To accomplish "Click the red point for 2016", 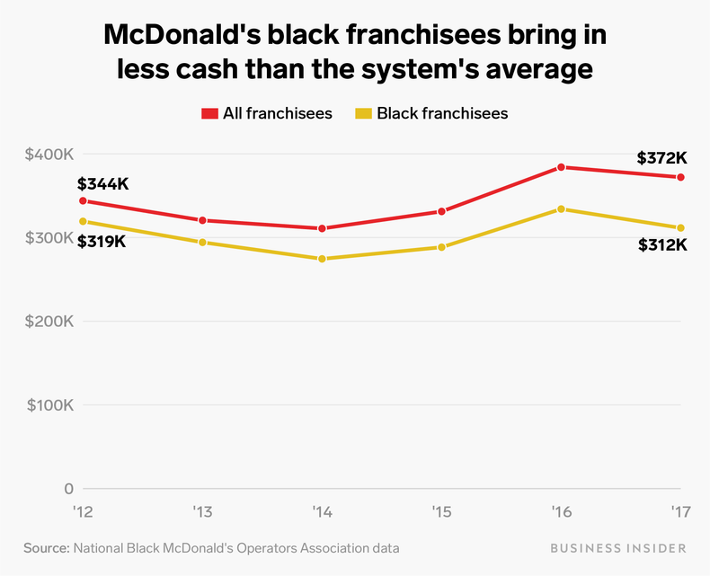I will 561,167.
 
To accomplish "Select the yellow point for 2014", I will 322,259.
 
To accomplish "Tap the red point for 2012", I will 83,200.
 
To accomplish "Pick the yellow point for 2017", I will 680,228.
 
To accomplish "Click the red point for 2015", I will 441,211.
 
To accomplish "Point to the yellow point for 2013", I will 202,243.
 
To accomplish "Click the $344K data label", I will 103,183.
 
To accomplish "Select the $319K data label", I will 102,241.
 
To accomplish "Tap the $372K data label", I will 661,157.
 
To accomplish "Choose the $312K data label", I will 662,244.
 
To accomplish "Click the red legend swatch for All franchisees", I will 209,113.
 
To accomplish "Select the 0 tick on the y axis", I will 67,489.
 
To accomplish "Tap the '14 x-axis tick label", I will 322,513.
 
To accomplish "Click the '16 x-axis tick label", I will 561,513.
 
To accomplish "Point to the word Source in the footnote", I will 46,547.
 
